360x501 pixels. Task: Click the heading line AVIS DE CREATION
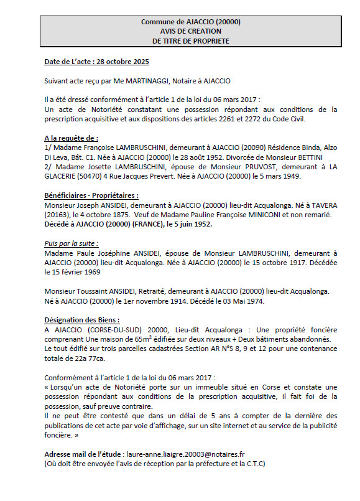coord(190,31)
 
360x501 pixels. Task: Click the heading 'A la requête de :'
coord(71,137)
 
